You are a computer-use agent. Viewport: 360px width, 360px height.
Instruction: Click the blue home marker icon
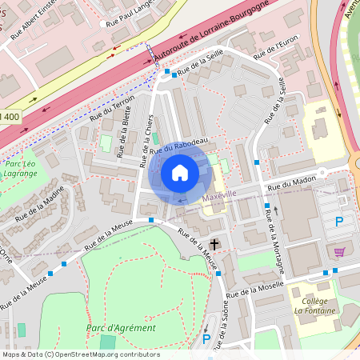click(180, 173)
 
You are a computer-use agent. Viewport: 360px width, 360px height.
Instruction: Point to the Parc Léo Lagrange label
click(21, 167)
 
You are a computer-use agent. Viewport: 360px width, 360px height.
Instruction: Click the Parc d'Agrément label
click(121, 328)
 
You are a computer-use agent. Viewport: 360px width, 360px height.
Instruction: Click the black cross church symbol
click(214, 243)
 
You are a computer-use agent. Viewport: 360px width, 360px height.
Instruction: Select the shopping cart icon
click(339, 251)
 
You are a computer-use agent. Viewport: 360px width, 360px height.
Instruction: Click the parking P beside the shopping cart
click(338, 222)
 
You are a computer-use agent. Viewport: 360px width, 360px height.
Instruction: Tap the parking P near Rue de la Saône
click(206, 339)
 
